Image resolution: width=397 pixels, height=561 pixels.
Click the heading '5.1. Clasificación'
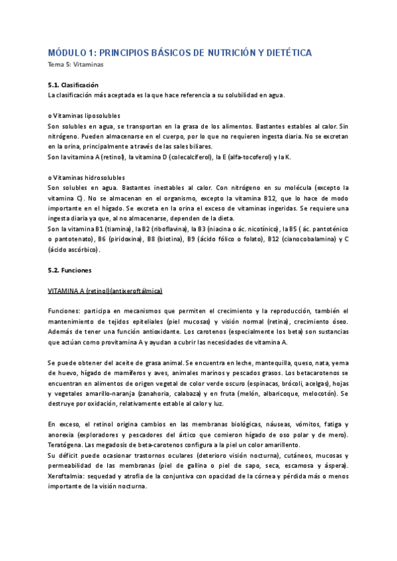coord(73,85)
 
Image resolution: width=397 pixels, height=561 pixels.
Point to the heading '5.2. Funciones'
coord(70,271)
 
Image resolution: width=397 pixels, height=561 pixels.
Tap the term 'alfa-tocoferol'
coord(245,157)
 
